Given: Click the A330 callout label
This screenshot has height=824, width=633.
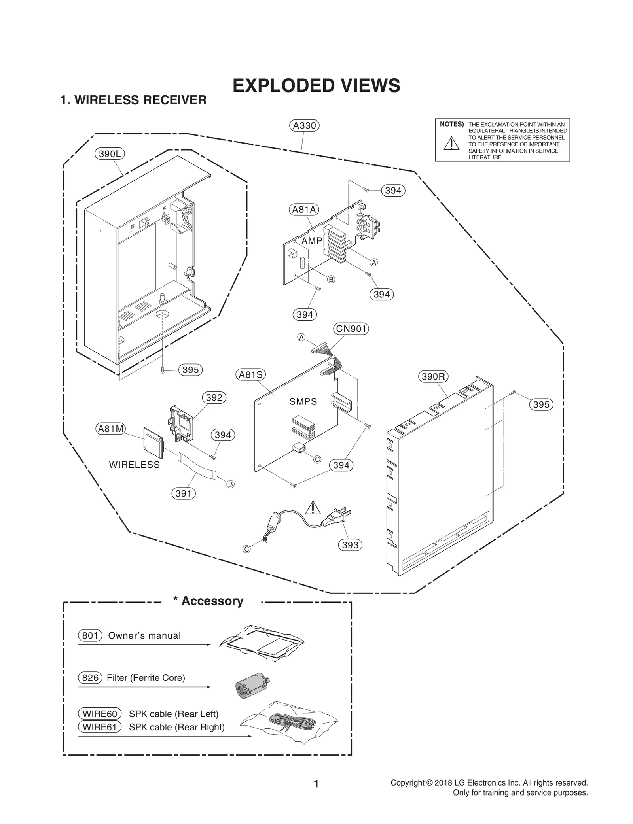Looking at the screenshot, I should [x=304, y=125].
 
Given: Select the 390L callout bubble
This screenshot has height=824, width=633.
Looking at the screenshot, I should [x=110, y=154].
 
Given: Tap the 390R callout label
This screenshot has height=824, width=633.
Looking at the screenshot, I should [x=433, y=376].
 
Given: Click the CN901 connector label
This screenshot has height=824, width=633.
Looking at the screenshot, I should [x=351, y=329].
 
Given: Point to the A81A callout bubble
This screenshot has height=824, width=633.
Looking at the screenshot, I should [x=304, y=210].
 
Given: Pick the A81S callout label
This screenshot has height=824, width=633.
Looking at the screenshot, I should [x=251, y=374].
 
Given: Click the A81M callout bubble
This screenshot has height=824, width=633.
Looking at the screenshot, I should [x=111, y=429].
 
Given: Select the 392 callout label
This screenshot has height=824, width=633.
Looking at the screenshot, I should [x=214, y=397].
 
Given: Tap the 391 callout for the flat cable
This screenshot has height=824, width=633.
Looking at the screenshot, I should [x=183, y=493].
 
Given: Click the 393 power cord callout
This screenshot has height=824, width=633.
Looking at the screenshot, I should [x=350, y=545].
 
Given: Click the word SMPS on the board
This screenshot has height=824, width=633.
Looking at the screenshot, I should [x=303, y=402].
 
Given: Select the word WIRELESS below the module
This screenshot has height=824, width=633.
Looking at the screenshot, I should [x=135, y=465].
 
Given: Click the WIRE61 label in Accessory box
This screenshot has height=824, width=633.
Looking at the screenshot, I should [x=100, y=727].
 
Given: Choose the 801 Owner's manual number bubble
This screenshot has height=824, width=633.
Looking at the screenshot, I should [x=90, y=635].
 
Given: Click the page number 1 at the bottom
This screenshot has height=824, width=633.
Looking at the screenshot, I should [x=316, y=784].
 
